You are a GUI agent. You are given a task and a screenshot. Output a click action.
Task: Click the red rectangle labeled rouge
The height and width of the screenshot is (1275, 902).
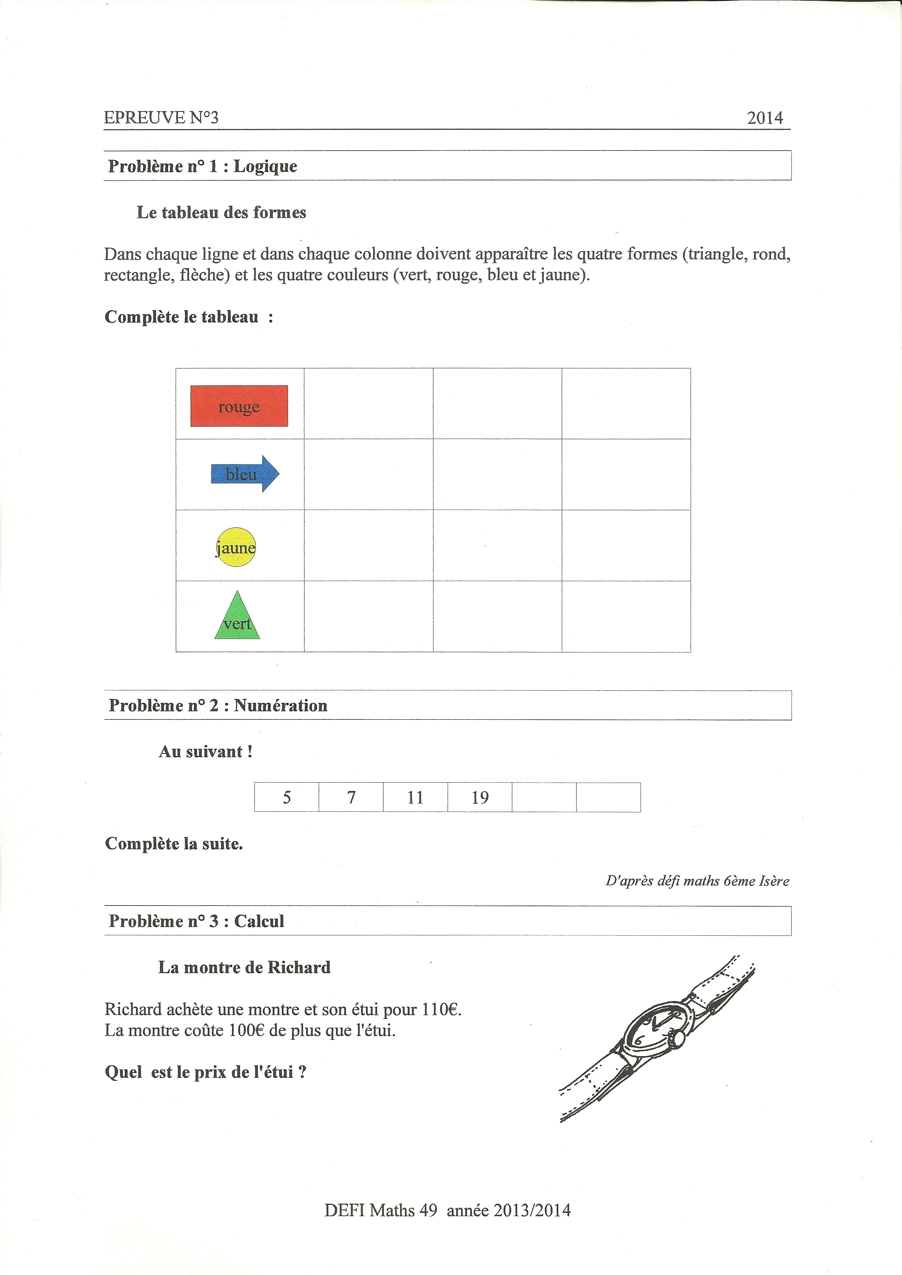(239, 406)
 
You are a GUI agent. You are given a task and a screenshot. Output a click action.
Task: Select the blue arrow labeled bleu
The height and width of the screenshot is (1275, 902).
(244, 474)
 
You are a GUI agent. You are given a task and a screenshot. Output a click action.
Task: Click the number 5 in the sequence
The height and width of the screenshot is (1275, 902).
(287, 798)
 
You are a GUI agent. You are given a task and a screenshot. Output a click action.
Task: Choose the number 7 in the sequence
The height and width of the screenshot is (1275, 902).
(351, 798)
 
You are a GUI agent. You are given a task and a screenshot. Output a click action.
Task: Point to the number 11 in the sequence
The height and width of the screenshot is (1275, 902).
(415, 798)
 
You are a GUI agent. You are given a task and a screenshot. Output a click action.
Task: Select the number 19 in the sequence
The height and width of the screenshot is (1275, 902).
(480, 798)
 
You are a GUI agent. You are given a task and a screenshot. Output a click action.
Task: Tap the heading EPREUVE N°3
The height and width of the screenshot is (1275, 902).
(161, 118)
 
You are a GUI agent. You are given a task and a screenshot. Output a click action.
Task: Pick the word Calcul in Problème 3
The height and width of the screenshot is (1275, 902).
(259, 921)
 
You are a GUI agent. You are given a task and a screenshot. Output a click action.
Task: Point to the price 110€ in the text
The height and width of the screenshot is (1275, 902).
(441, 1009)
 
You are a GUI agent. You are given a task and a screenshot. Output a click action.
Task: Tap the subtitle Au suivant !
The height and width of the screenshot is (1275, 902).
(205, 751)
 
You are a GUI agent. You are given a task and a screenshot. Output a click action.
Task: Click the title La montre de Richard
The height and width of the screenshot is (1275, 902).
(244, 967)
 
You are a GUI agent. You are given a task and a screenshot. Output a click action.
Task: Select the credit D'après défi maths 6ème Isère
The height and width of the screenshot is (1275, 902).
(697, 881)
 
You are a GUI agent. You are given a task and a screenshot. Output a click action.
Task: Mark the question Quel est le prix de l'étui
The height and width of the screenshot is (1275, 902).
(205, 1072)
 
